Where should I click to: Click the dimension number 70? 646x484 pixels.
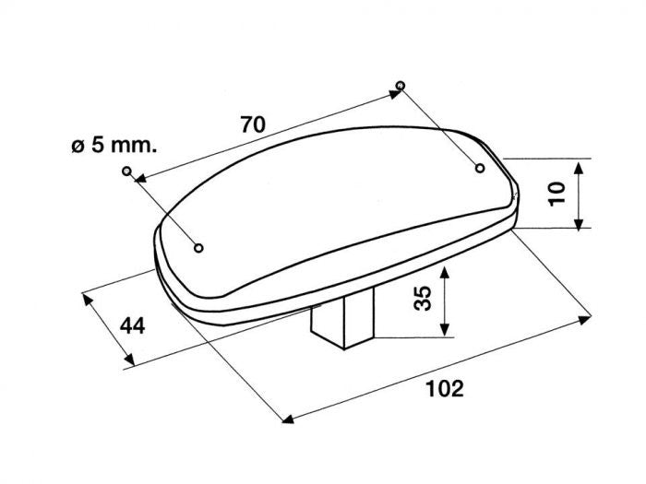pos(253,124)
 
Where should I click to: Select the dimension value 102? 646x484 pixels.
pos(445,388)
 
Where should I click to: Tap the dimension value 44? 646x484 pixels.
pos(133,326)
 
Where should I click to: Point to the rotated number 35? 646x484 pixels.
pos(423,298)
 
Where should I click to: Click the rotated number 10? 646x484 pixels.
pos(557,194)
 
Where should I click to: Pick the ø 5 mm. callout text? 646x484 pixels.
pos(114,146)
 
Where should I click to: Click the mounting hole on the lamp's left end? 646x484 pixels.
pos(198,248)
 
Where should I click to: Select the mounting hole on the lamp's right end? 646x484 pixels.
pos(480,168)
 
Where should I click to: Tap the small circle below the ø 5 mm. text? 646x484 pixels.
pos(127,171)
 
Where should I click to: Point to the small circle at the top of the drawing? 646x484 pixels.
pos(401,85)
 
